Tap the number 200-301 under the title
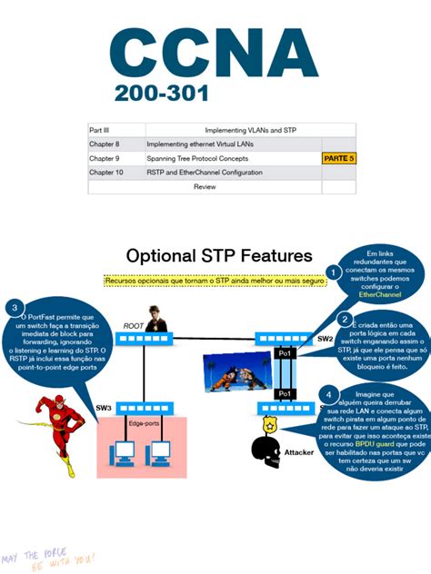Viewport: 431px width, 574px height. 162,94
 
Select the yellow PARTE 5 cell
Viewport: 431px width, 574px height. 339,158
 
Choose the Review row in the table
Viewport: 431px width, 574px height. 205,186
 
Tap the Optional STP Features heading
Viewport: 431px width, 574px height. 218,256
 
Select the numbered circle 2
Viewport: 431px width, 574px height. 344,319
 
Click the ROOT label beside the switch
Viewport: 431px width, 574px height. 135,325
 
